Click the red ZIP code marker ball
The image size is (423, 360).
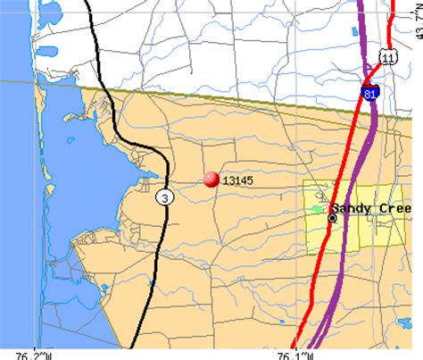tap(211, 180)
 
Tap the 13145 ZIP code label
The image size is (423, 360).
tap(236, 180)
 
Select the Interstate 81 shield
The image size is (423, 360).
tap(370, 92)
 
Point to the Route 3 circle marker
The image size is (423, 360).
tap(162, 197)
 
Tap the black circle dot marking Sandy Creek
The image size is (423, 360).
tap(332, 217)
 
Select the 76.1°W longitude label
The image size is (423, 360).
tap(295, 353)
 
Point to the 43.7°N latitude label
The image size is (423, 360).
tap(417, 20)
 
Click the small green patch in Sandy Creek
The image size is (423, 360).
tap(317, 209)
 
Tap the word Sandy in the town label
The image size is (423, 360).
tap(356, 208)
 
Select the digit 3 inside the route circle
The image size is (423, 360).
tap(162, 197)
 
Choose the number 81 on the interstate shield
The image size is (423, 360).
tap(370, 93)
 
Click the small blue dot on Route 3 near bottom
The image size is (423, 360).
tap(152, 282)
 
